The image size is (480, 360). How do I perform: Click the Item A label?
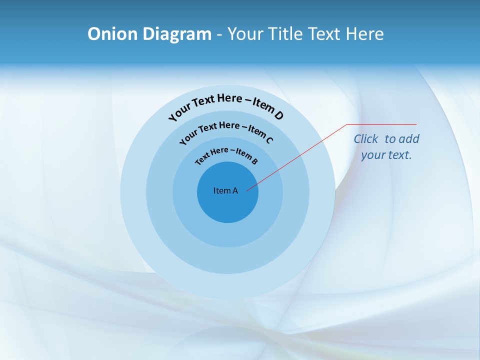(x=225, y=190)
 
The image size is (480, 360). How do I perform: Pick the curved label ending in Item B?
(x=226, y=154)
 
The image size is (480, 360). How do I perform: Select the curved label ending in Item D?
(x=226, y=103)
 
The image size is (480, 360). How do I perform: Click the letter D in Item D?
(x=278, y=115)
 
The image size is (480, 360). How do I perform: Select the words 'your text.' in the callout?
(x=386, y=155)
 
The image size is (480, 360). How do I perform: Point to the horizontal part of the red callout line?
(x=382, y=124)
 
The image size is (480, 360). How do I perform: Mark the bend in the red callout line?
(x=347, y=124)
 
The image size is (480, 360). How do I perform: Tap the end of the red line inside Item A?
(x=247, y=190)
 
